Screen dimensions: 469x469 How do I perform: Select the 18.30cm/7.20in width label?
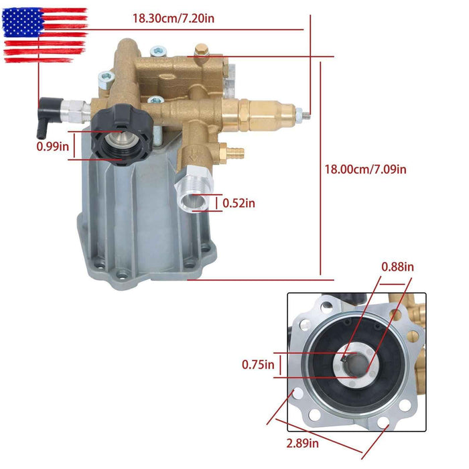[173, 19]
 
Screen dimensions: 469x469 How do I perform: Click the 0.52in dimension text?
[239, 202]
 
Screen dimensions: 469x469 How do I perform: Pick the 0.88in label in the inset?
[397, 267]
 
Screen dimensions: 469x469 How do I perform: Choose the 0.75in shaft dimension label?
[258, 365]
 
